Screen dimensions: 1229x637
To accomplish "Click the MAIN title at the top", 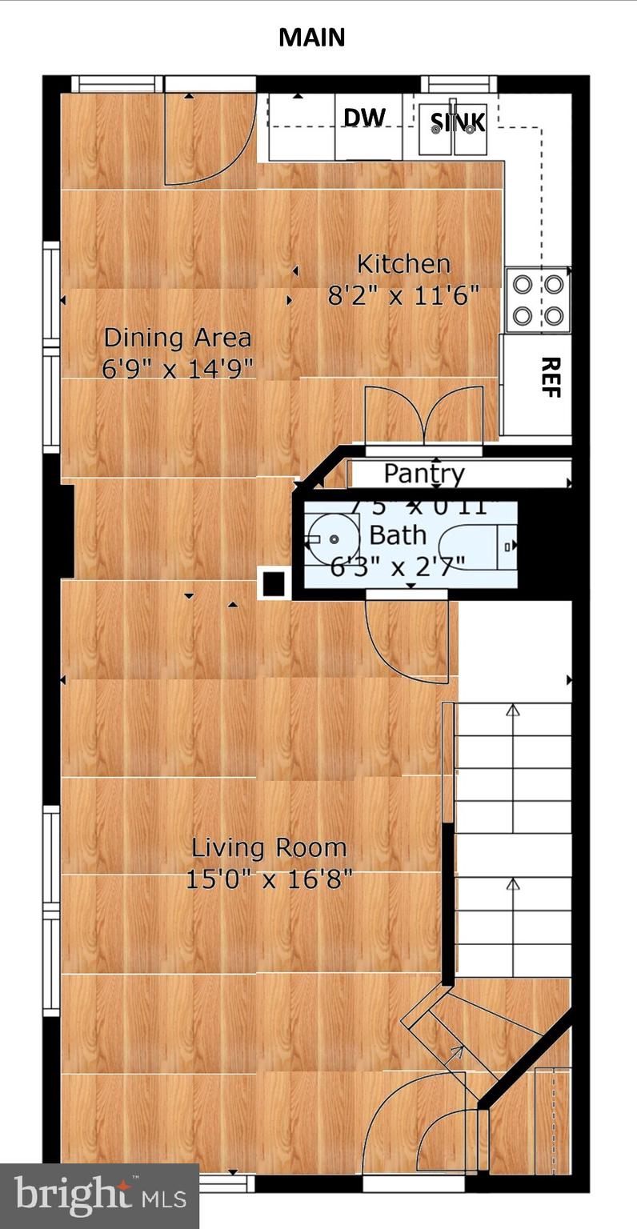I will click(311, 37).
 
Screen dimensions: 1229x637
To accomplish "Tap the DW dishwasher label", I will click(364, 118).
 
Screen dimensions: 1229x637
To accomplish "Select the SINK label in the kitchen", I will click(458, 122).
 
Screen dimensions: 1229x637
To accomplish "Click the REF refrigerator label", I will click(550, 377).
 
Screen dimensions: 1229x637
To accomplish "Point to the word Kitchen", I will click(403, 263).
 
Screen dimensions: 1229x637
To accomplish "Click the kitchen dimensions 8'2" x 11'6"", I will click(403, 296).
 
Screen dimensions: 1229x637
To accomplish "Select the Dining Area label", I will click(178, 338).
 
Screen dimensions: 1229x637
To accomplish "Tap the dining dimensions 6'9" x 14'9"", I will click(178, 369).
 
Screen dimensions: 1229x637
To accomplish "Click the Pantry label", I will click(424, 474).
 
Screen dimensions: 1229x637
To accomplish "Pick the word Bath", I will click(398, 534).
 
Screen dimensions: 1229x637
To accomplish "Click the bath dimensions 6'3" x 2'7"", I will click(398, 566).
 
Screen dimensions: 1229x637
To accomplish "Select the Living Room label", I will click(269, 847).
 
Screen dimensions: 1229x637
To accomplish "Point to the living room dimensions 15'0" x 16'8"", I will click(269, 879).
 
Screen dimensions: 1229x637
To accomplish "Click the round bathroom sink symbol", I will click(328, 538).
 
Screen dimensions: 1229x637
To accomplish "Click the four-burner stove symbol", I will click(538, 300).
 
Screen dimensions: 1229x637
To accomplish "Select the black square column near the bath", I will click(274, 583).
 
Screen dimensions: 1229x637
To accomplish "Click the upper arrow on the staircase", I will click(513, 710).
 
